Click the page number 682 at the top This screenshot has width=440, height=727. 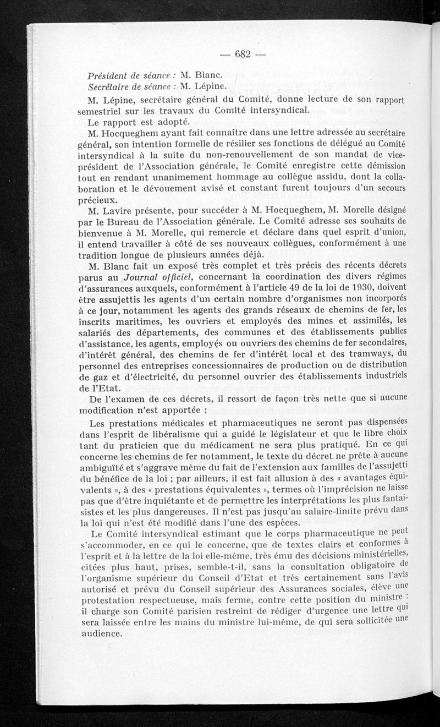click(x=243, y=54)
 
